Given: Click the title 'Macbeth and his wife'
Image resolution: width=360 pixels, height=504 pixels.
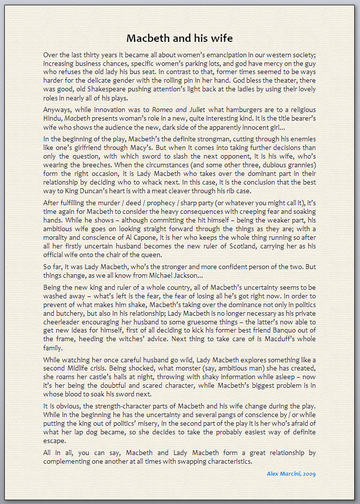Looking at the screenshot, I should [180, 38].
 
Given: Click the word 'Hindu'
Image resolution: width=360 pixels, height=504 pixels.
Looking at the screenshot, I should [52, 118].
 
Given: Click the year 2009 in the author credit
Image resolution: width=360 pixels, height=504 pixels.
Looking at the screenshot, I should [309, 474].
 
